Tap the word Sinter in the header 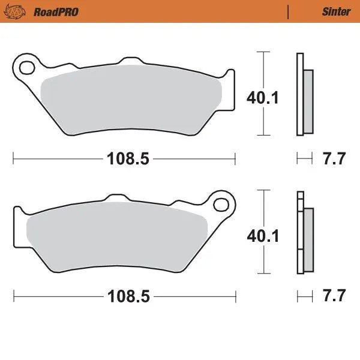click(337, 11)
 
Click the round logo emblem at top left click(20, 11)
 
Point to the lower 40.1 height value click(263, 236)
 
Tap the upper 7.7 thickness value click(334, 159)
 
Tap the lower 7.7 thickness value click(334, 296)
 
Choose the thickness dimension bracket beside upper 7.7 click(305, 159)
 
